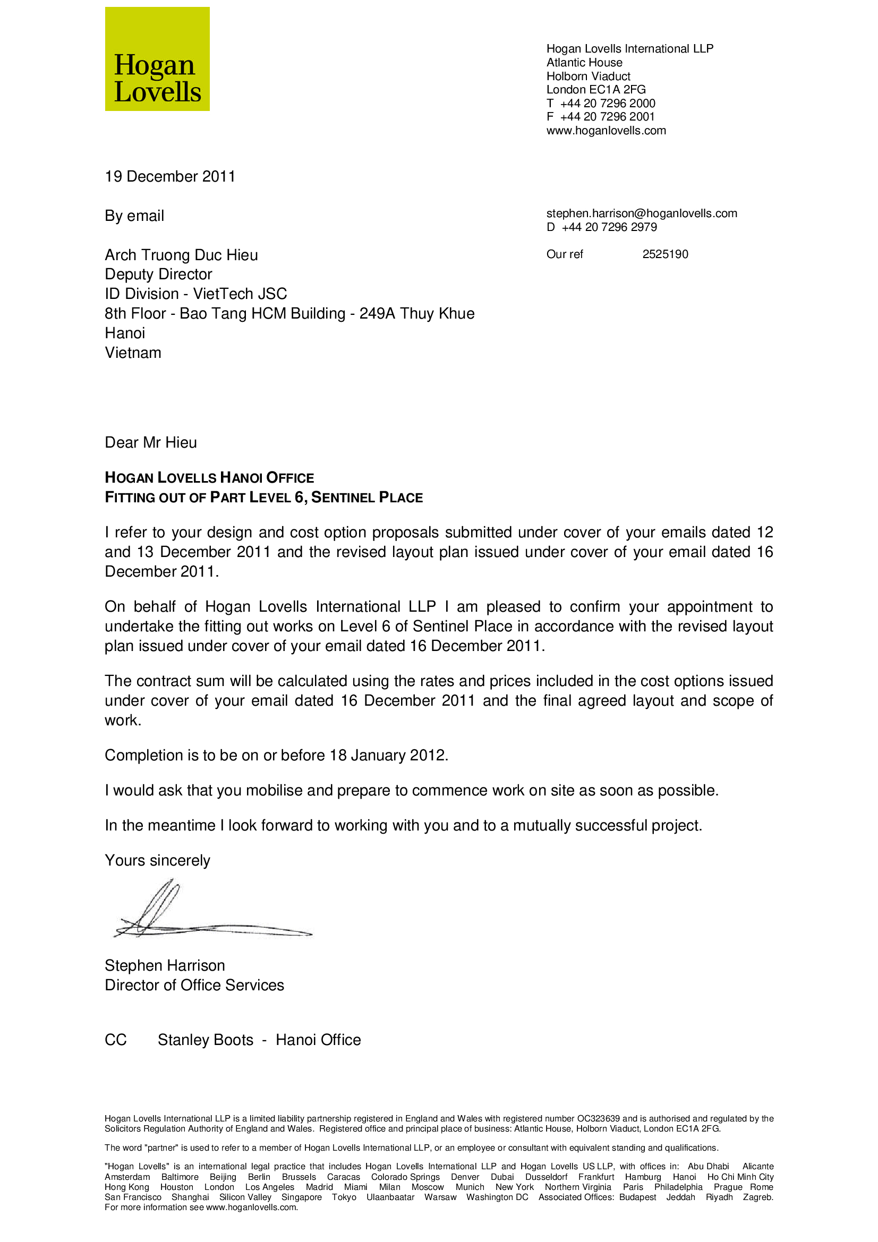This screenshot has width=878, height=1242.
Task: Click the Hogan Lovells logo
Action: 157,59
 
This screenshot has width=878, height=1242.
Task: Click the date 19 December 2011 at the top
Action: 170,177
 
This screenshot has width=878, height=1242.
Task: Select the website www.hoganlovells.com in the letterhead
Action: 606,131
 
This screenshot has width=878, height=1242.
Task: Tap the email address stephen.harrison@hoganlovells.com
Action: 642,213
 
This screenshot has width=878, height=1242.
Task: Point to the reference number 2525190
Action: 665,254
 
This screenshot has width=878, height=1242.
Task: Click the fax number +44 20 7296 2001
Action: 608,117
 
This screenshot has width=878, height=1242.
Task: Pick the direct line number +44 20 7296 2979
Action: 609,227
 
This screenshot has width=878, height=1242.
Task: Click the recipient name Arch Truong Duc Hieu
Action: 181,255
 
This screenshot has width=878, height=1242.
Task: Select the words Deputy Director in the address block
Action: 158,275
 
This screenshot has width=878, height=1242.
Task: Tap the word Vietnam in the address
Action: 133,353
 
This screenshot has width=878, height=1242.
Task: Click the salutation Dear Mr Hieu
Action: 150,443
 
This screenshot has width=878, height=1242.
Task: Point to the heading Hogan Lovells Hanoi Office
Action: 209,478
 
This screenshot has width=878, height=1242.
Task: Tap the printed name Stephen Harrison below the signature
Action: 165,965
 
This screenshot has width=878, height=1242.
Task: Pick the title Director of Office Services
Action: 194,985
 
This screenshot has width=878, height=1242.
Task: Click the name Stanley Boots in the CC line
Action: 206,1040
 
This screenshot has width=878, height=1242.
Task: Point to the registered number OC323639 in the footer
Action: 598,1119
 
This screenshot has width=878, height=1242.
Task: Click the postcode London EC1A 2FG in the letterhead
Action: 595,90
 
